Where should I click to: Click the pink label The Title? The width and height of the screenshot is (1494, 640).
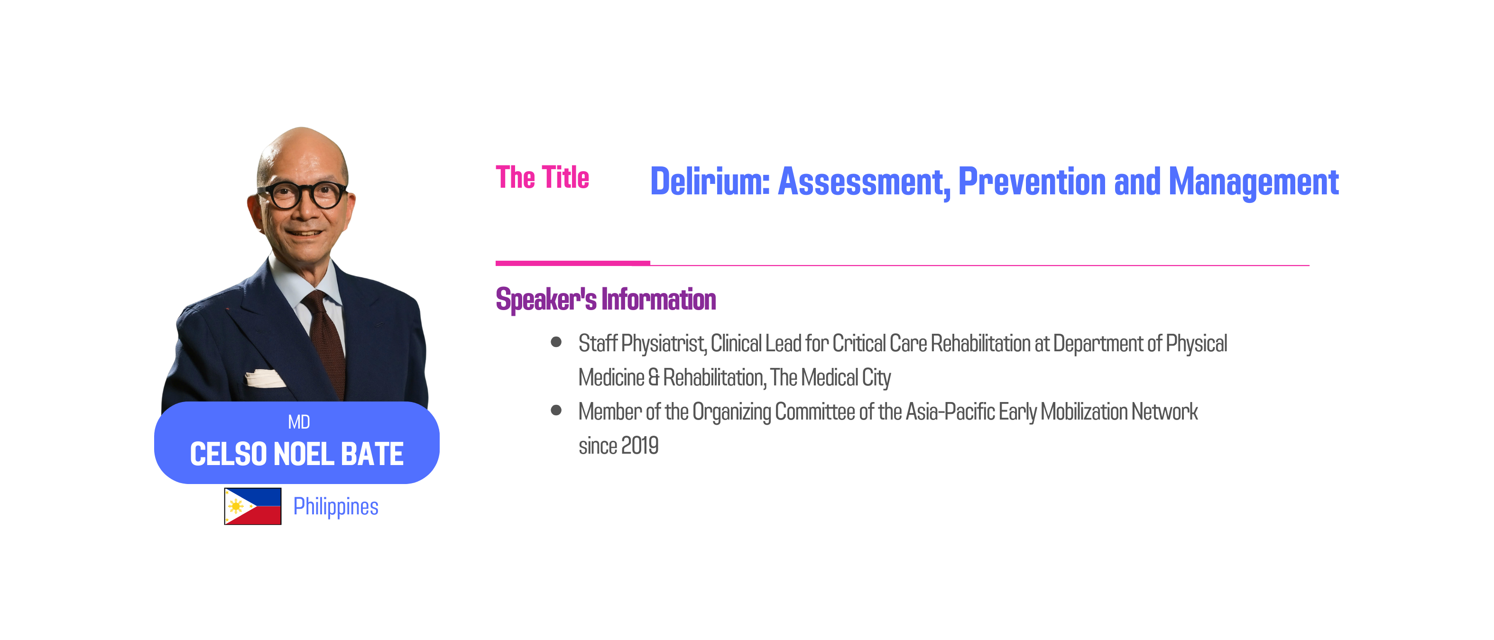point(542,177)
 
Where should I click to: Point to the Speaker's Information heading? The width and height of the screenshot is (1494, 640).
point(606,300)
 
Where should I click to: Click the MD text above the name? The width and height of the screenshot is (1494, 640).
point(299,422)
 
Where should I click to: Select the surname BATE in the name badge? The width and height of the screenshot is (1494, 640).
point(372,454)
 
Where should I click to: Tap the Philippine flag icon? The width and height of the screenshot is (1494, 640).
point(253,506)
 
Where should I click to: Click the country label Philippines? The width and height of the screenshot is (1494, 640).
point(336,507)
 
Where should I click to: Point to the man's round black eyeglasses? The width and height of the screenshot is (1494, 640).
point(302,195)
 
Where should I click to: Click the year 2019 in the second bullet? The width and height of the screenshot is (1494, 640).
point(640,446)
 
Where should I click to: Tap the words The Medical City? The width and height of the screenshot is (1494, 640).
point(831,377)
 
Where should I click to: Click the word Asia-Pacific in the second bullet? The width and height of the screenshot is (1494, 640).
point(950,411)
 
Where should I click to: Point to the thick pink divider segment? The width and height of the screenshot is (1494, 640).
point(573,263)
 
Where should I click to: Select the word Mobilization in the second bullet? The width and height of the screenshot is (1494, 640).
point(1085,411)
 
